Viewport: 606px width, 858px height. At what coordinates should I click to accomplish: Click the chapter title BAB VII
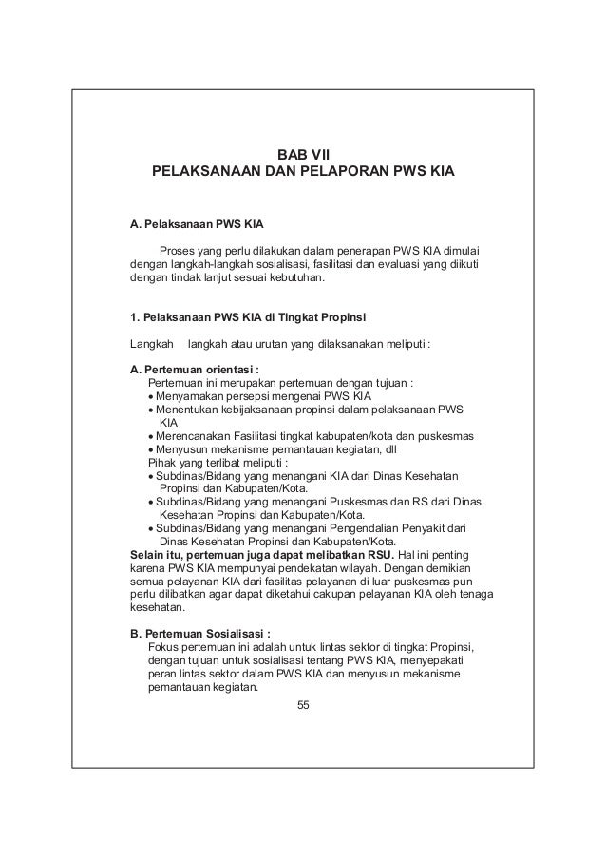(x=302, y=155)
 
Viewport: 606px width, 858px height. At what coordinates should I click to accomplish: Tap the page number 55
(x=303, y=704)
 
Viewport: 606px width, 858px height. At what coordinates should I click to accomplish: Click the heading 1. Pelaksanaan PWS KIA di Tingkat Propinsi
(x=248, y=315)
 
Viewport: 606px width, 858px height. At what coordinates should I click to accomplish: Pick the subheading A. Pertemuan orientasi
(x=195, y=370)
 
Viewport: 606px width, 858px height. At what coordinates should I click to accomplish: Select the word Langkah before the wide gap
(x=151, y=342)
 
